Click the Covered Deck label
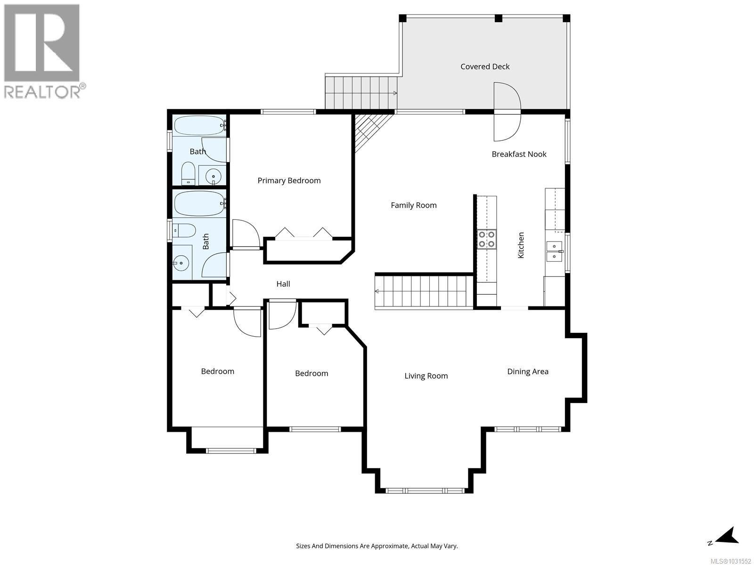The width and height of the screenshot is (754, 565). tap(485, 66)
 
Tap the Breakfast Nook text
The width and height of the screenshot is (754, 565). tap(519, 154)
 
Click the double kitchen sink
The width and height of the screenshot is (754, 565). tap(555, 251)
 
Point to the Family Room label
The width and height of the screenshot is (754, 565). tap(413, 205)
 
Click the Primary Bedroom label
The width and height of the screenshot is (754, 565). tap(289, 180)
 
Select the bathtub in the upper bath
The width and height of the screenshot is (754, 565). tap(199, 125)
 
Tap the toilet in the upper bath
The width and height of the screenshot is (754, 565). tap(188, 174)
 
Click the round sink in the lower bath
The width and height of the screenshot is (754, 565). tap(180, 264)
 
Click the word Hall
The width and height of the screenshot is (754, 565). tap(283, 283)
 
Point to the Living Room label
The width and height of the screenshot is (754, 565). tap(426, 375)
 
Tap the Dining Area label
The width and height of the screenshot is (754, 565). tap(527, 371)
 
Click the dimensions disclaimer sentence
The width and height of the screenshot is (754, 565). tap(377, 546)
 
